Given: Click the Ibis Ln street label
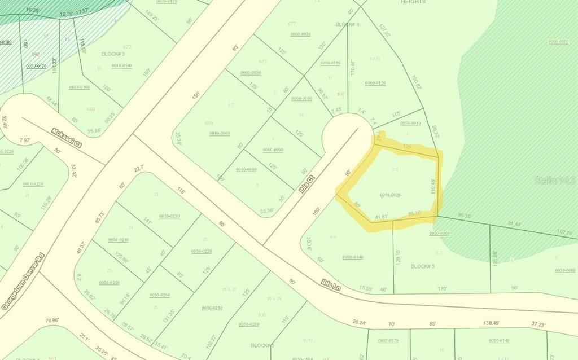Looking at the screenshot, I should click(x=331, y=285).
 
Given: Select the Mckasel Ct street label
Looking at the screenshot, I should click(x=67, y=137).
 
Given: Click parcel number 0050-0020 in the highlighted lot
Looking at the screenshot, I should click(x=390, y=195).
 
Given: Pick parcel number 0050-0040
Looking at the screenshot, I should click(x=352, y=257).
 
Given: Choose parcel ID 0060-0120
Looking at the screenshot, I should click(x=375, y=83).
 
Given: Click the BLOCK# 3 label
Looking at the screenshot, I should click(x=113, y=54).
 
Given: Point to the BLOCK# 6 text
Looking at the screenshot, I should click(x=347, y=24).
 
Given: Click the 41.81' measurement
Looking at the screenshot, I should click(x=381, y=216).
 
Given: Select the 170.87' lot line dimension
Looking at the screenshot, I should click(x=353, y=67).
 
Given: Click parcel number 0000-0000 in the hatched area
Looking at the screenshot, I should click(x=558, y=42).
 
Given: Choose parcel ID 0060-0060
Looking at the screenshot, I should click(x=220, y=133).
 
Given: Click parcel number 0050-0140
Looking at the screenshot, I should click(x=499, y=340).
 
